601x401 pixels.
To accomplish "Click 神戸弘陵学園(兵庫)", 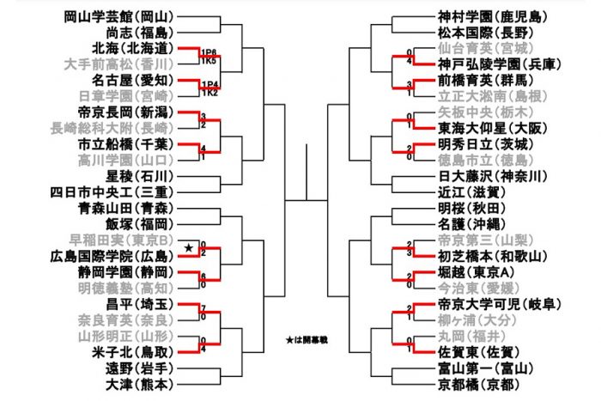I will coord(493,64).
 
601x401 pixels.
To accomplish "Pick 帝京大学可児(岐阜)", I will coord(493,304).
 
